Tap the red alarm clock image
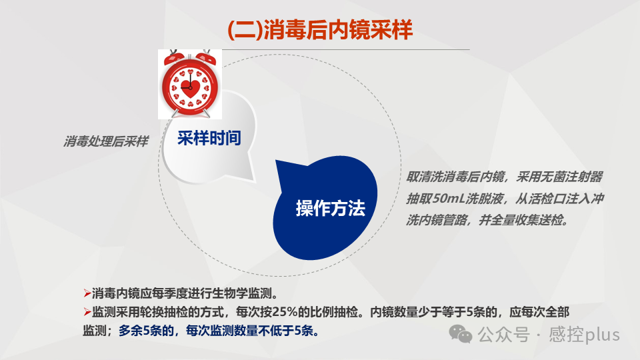click(x=189, y=83)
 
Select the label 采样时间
click(x=209, y=138)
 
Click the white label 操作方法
click(x=331, y=208)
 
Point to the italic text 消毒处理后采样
click(x=106, y=141)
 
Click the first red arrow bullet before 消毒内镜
click(x=87, y=293)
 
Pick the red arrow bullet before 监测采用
click(x=87, y=312)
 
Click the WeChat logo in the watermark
click(x=461, y=333)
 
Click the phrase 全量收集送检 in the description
click(x=527, y=220)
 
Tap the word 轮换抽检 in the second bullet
click(x=167, y=312)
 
